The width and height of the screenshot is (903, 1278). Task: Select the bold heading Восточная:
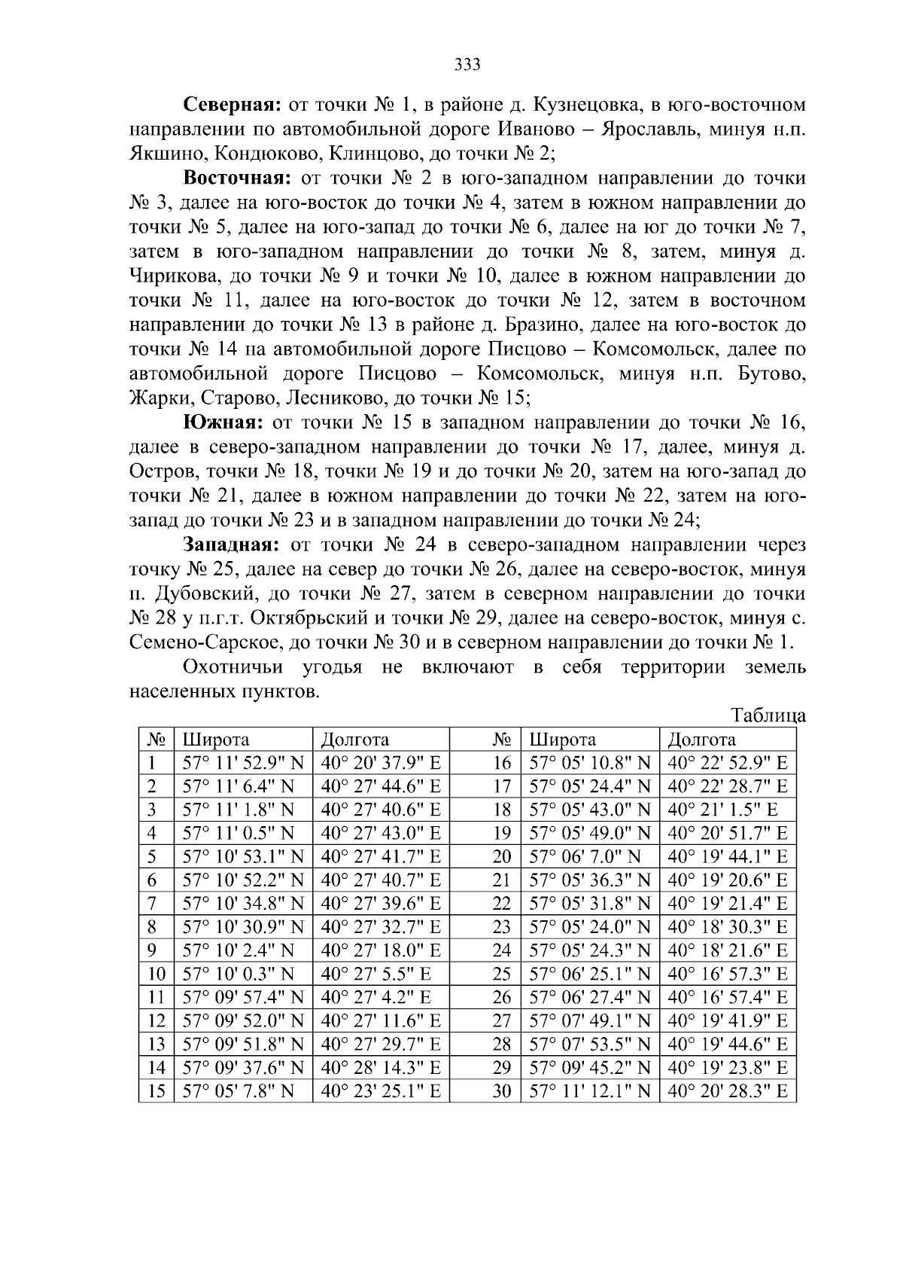click(x=237, y=178)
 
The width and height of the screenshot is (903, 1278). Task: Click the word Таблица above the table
click(x=768, y=715)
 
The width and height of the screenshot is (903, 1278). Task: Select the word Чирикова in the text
click(x=173, y=276)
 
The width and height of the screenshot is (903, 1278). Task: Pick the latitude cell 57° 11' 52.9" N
click(x=242, y=763)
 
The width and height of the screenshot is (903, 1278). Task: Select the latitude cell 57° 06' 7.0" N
click(x=585, y=856)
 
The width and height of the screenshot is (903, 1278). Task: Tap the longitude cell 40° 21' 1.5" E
click(x=722, y=810)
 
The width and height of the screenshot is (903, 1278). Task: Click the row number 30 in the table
click(x=502, y=1090)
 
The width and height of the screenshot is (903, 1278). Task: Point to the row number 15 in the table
click(x=156, y=1090)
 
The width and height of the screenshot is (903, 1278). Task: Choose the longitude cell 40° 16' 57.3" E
click(x=727, y=974)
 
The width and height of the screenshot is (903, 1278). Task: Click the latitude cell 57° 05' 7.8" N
click(x=238, y=1090)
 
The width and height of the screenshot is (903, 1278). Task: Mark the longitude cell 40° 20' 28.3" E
click(x=727, y=1090)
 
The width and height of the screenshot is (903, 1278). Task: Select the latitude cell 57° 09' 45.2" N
click(x=589, y=1067)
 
